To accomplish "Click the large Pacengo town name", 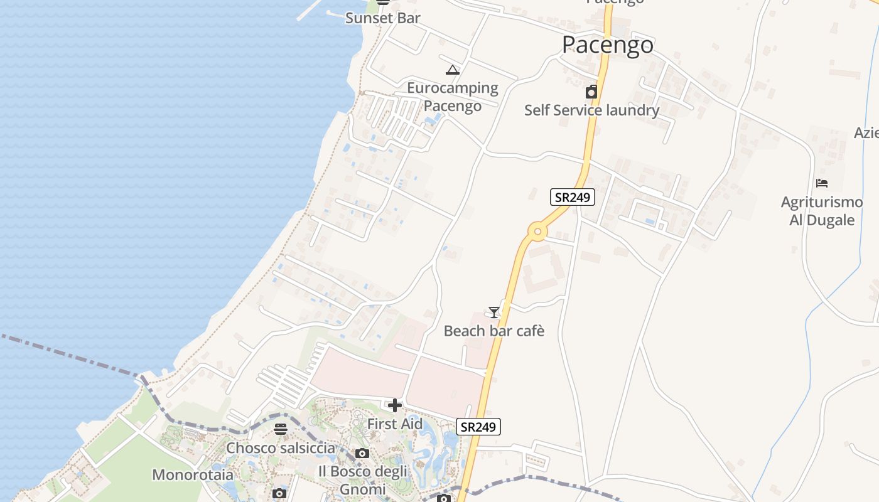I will click(x=607, y=45).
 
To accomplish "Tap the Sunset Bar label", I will click(x=382, y=18).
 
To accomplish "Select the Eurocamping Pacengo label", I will click(x=452, y=97).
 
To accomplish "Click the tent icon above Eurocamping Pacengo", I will click(x=452, y=70).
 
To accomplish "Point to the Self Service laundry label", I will click(x=591, y=110).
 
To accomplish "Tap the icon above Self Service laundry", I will click(x=591, y=93).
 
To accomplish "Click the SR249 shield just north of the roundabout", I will click(x=572, y=197).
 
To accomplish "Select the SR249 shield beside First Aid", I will click(x=478, y=427).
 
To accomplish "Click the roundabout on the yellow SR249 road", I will click(x=537, y=232).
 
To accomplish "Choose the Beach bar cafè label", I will click(x=494, y=331).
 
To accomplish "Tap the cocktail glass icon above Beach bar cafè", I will click(x=494, y=312).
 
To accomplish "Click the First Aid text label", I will click(x=394, y=424).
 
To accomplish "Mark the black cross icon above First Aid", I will click(x=394, y=406).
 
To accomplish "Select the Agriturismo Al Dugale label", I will click(x=821, y=211).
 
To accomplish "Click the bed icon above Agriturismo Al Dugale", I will click(x=821, y=183).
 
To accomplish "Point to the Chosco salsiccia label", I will click(x=281, y=448).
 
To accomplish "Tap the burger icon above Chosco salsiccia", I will click(x=281, y=430).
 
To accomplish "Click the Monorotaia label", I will click(x=193, y=474).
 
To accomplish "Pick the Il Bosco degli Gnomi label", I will click(x=362, y=480).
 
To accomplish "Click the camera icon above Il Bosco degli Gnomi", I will click(x=362, y=454).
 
